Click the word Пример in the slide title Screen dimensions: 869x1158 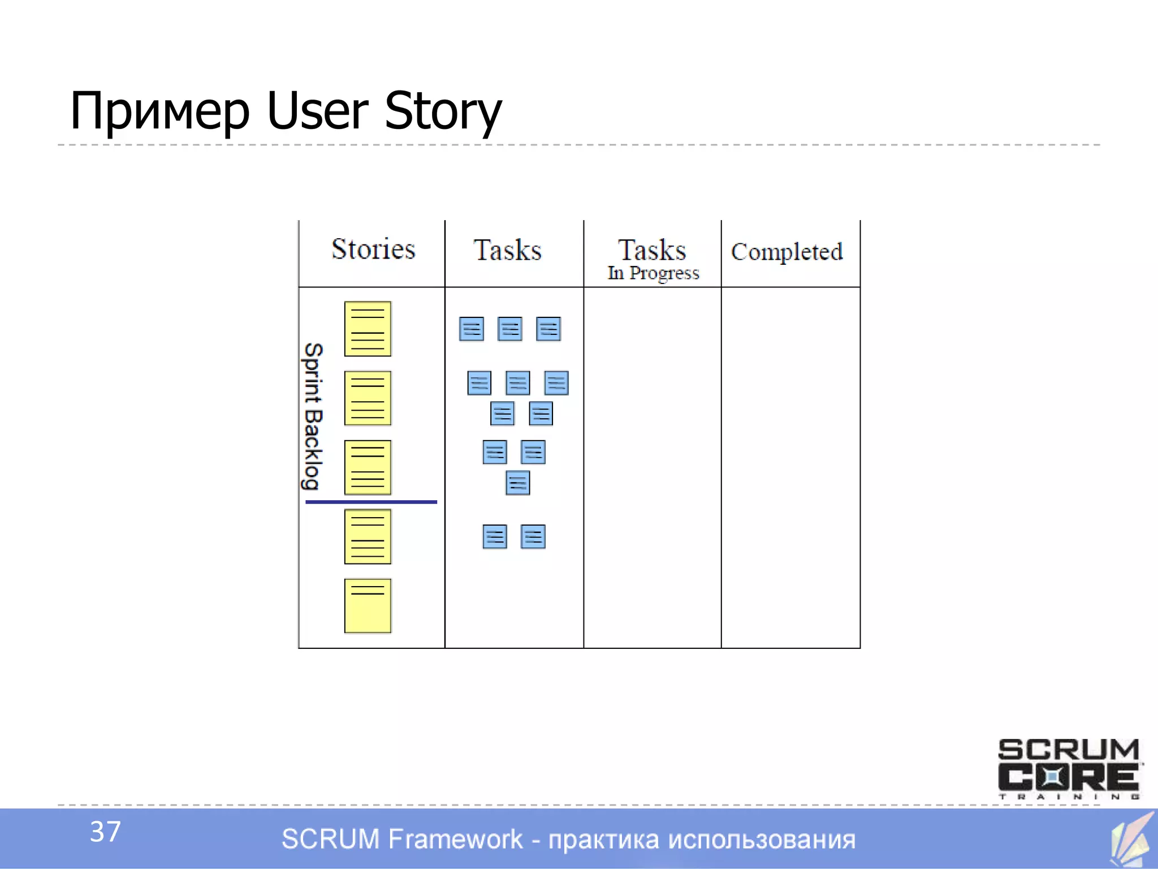(x=159, y=111)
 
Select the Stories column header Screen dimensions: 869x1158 (x=373, y=249)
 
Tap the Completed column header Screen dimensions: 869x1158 (x=787, y=252)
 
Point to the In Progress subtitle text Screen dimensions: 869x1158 (x=653, y=273)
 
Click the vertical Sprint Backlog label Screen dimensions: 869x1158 (x=313, y=416)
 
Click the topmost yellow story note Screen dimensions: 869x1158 (x=368, y=329)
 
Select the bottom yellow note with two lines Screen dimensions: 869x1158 (x=368, y=605)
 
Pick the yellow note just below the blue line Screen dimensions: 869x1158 (x=368, y=536)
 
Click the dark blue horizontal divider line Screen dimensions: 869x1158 (x=371, y=502)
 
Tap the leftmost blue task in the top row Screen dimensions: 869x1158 (x=471, y=329)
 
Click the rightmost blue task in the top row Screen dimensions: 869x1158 (x=548, y=329)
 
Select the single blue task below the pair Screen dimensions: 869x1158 (x=517, y=483)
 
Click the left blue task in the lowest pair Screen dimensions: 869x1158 (x=494, y=536)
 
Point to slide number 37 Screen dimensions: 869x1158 (x=105, y=832)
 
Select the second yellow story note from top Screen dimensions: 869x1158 (x=368, y=398)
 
